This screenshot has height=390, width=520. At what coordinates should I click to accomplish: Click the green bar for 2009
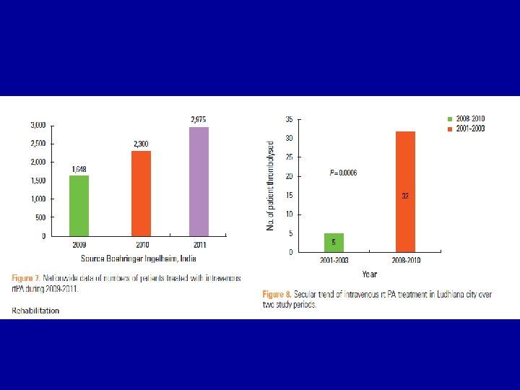tap(79, 205)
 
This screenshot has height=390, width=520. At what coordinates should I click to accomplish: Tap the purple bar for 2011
tap(199, 181)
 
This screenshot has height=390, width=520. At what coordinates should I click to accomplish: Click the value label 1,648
tap(79, 169)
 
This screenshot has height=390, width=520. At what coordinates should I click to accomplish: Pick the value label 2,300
tap(141, 144)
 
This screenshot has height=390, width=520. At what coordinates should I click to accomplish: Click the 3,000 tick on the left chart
tap(38, 125)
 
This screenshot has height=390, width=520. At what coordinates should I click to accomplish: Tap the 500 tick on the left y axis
tap(40, 217)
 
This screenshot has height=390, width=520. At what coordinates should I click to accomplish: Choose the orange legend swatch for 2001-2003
tap(449, 128)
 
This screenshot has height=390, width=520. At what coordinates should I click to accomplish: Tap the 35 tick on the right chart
tap(289, 118)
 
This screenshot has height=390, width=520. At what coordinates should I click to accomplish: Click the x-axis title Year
tap(369, 274)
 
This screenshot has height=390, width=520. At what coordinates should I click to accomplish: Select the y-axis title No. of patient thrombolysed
tap(271, 186)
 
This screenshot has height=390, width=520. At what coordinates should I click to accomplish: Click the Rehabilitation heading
tap(35, 311)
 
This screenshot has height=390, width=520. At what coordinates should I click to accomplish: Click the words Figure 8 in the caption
tap(277, 294)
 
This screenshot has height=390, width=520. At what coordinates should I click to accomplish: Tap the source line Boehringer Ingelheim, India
tap(139, 258)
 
